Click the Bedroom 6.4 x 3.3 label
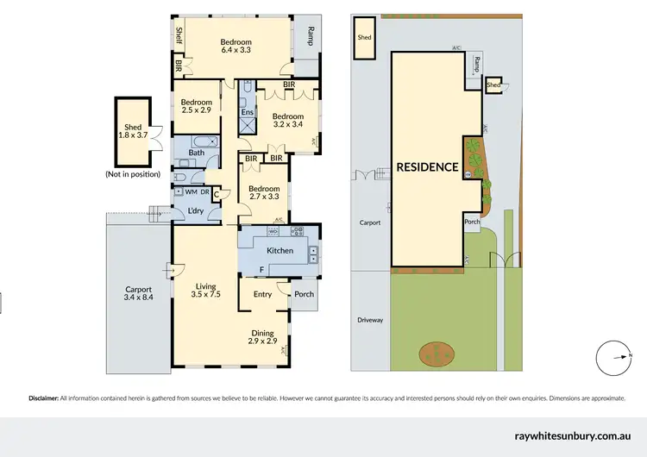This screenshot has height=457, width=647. (x=235, y=47)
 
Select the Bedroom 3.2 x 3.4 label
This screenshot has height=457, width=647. (x=287, y=121)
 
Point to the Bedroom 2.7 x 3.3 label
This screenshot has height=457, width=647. (x=263, y=193)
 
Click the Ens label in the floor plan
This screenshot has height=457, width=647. (x=247, y=112)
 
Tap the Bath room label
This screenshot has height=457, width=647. (x=197, y=153)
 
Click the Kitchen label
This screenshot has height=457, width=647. (x=280, y=251)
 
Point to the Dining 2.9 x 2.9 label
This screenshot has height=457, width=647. (x=263, y=337)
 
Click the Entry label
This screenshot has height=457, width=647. (x=262, y=294)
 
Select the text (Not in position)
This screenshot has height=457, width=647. (x=132, y=174)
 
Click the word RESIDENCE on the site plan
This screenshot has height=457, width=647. (x=426, y=167)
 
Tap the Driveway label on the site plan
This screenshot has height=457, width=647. (x=370, y=320)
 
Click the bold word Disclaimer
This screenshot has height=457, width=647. (x=42, y=398)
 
